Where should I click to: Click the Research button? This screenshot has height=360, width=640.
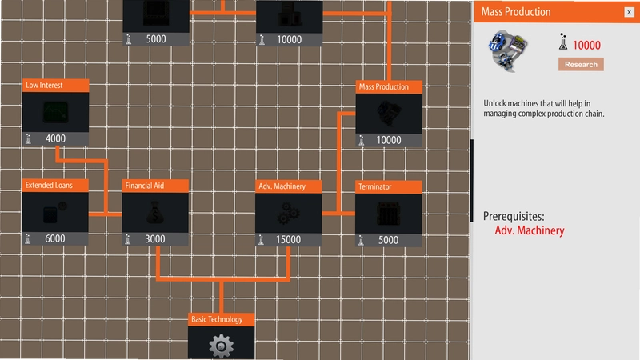click(581, 65)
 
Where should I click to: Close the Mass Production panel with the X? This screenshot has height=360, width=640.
click(629, 12)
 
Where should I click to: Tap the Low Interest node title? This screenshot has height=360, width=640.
click(44, 86)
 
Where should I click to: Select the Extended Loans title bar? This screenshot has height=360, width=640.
click(55, 186)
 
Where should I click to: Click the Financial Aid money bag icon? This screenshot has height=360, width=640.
click(155, 212)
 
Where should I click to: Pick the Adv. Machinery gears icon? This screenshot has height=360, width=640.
click(288, 213)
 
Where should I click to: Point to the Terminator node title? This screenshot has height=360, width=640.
click(374, 187)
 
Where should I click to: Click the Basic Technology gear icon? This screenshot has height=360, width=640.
click(222, 346)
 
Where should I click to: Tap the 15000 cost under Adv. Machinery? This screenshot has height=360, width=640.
click(288, 239)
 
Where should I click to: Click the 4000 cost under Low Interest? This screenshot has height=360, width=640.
click(55, 138)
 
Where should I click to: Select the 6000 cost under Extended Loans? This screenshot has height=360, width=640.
click(54, 238)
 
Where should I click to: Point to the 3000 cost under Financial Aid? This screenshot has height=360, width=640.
click(155, 239)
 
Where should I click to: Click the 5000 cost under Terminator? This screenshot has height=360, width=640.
click(388, 240)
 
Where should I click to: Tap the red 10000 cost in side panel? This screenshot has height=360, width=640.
click(586, 46)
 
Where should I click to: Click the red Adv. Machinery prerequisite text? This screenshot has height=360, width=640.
click(530, 230)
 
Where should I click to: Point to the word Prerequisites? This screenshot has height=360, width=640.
click(514, 216)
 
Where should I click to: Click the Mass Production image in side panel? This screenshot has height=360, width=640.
click(508, 50)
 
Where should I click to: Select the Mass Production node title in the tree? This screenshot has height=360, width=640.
click(384, 87)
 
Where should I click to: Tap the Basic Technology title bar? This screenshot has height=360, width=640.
click(222, 319)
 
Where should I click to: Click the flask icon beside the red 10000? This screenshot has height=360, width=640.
click(563, 42)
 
